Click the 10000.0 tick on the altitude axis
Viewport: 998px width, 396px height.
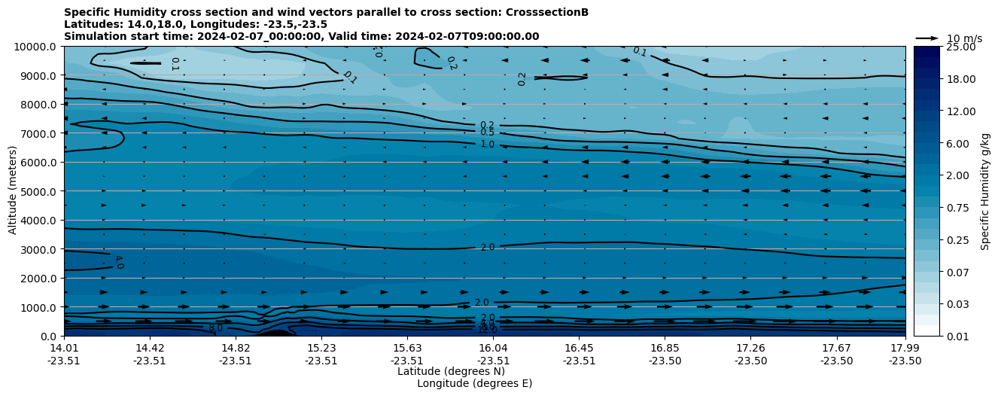(36, 47)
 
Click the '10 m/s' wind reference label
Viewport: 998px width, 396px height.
(964, 38)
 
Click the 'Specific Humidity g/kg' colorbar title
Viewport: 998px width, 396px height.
(986, 191)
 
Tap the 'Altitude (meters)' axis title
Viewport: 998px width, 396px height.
(13, 191)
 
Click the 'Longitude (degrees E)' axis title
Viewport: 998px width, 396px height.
(474, 383)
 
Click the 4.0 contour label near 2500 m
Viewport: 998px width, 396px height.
(118, 262)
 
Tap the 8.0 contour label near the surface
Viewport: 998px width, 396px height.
(216, 328)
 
